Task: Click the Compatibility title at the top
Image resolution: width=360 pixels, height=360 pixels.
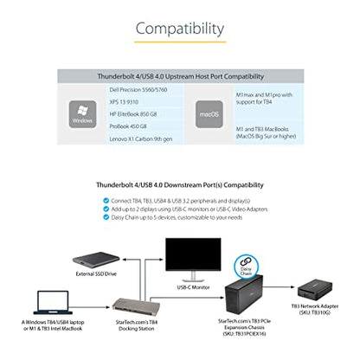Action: point(180,29)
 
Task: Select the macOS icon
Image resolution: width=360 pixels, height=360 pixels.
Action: point(209,114)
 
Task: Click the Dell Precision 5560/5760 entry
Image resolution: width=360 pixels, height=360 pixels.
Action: point(138,90)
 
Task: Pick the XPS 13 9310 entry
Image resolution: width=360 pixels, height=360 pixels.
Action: point(124,102)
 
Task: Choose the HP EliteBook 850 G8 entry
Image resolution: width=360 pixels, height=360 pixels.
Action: point(133,114)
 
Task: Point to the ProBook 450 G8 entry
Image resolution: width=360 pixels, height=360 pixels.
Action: point(128,126)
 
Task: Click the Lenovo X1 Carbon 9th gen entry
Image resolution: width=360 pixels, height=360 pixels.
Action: point(141,138)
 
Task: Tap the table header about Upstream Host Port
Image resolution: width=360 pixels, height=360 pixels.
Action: point(181,76)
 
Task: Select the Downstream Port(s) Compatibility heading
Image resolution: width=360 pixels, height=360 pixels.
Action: point(180,185)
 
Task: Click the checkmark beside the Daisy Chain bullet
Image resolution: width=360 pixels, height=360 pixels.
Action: point(106,217)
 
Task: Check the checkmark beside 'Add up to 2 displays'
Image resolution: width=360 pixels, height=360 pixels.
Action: point(106,209)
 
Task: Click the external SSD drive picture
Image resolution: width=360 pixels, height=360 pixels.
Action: point(96,260)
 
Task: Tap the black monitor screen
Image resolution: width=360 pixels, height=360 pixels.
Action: point(193,254)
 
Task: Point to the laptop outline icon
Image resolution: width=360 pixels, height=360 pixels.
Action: point(53,302)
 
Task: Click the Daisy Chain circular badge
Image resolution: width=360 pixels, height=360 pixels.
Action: point(246,267)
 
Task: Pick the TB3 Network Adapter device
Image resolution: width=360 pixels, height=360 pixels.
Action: point(315,290)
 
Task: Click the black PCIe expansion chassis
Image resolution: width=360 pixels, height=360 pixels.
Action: point(244,294)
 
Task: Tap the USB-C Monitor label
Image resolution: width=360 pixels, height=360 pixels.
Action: point(193,287)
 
